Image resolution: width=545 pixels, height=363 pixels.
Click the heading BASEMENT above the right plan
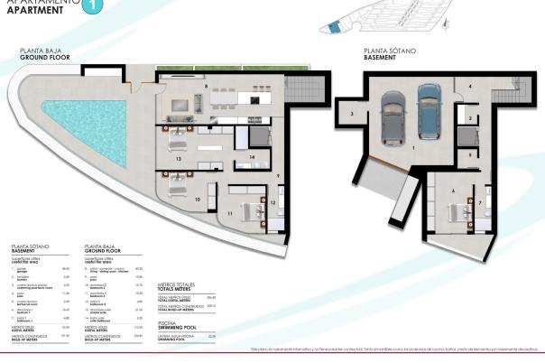[381, 57]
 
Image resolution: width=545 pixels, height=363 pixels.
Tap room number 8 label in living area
[207, 87]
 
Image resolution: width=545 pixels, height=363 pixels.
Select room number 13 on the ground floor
[180, 158]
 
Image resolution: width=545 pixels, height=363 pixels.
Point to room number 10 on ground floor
[198, 198]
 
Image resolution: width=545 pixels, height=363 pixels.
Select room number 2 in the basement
[469, 118]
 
